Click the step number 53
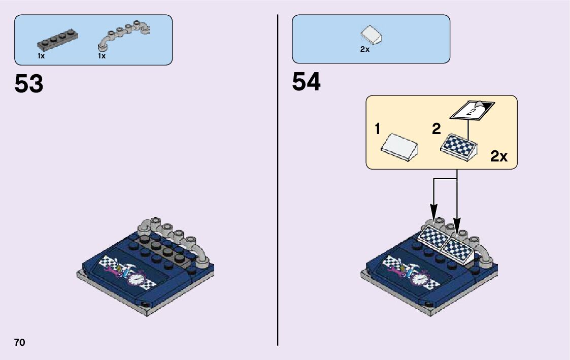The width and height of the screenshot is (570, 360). click(29, 84)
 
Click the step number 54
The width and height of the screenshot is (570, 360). click(307, 82)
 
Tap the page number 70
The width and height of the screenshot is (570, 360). click(20, 342)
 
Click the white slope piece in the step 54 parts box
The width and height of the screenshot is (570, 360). click(371, 36)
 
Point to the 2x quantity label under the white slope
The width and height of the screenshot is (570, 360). click(364, 49)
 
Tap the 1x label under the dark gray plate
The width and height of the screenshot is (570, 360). click(41, 56)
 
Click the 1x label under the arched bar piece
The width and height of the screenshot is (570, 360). click(102, 56)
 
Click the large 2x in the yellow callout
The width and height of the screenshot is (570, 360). click(498, 156)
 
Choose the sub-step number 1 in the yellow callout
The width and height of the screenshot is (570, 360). click(378, 129)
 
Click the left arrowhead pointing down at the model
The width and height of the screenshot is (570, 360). click(433, 210)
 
